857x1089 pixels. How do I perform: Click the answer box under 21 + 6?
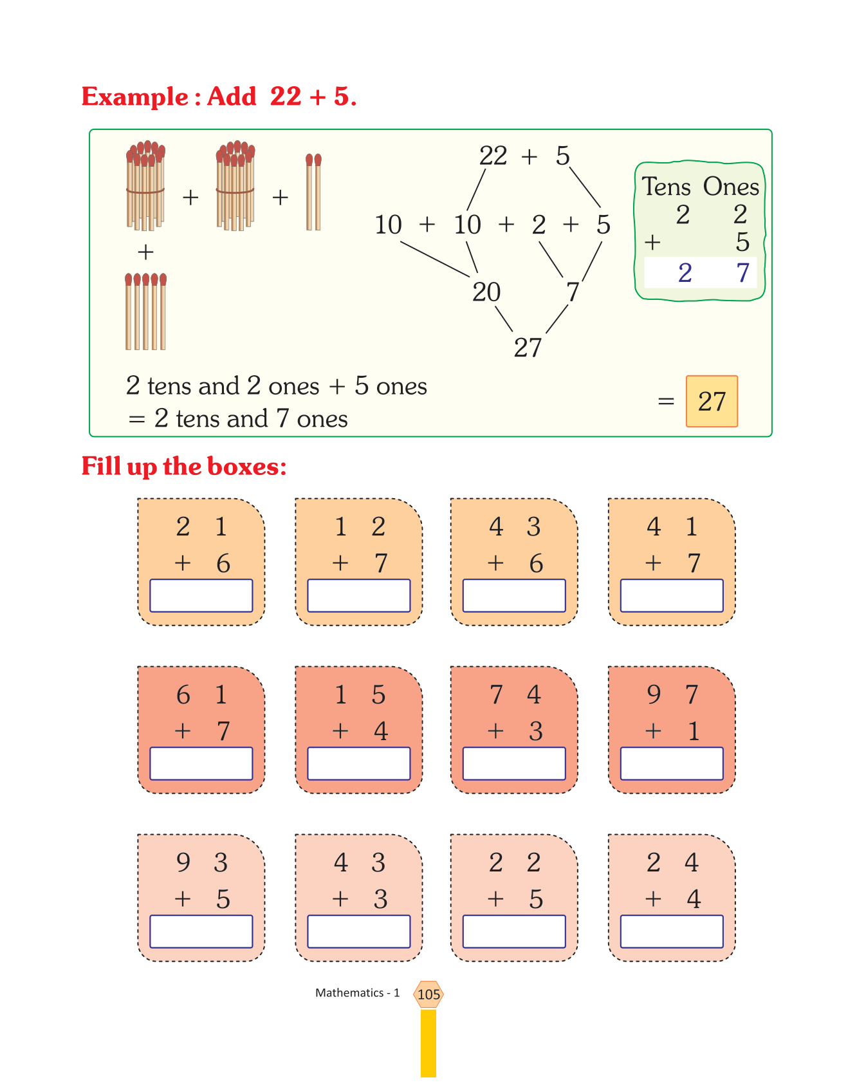click(201, 595)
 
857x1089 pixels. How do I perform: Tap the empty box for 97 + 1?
click(671, 763)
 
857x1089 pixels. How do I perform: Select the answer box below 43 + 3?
click(358, 931)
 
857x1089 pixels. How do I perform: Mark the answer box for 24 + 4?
click(671, 931)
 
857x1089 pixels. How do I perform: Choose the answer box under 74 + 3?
click(513, 763)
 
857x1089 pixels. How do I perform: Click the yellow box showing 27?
click(712, 402)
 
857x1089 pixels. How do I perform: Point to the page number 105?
click(428, 994)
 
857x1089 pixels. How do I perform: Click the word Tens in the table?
click(666, 187)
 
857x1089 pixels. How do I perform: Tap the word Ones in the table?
click(731, 187)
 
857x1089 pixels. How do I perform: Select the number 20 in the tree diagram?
click(486, 292)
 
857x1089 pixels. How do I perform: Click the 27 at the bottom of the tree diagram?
click(528, 348)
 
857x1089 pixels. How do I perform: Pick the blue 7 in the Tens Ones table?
click(742, 273)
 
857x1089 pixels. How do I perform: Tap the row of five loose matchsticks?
click(146, 312)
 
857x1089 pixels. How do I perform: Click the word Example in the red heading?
click(134, 97)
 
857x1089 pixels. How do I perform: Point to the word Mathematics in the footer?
click(349, 993)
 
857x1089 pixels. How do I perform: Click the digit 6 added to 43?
click(536, 564)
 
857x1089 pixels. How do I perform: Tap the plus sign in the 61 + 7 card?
click(183, 731)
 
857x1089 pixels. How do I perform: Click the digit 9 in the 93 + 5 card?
click(183, 862)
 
